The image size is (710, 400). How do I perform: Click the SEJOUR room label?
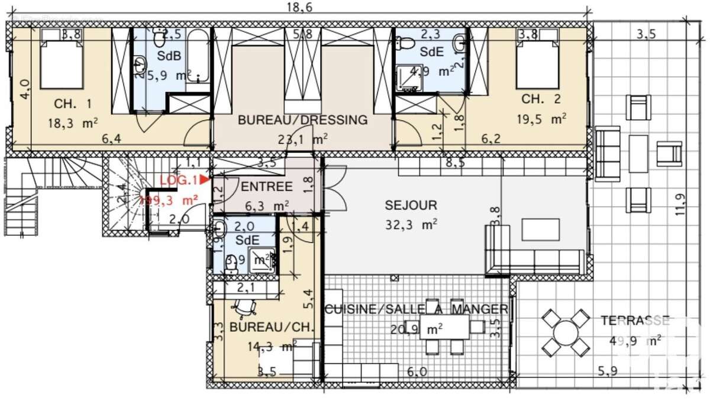tap(411, 206)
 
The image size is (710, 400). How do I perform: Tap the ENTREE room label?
tap(267, 187)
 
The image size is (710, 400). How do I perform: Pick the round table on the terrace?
tap(566, 332)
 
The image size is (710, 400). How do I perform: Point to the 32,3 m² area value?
tap(411, 225)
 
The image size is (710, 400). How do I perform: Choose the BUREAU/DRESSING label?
tap(302, 120)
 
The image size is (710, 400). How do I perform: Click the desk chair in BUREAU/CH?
tap(246, 307)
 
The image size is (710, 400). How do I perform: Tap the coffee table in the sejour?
tap(540, 229)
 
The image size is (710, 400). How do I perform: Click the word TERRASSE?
tap(634, 321)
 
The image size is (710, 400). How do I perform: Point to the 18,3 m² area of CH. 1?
tap(72, 123)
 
